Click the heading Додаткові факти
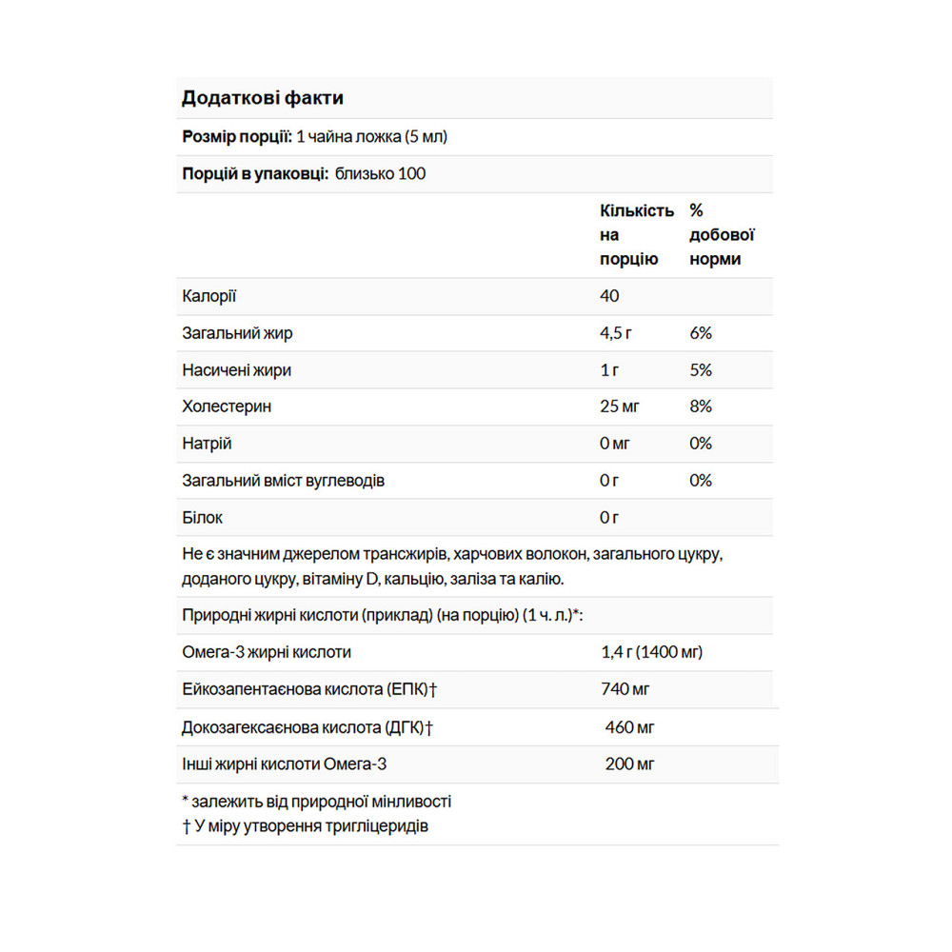[263, 98]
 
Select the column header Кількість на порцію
[637, 234]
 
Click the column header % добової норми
[722, 234]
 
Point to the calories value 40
[609, 296]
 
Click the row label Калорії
[208, 296]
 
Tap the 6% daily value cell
[701, 333]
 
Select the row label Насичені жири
[236, 370]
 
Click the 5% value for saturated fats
[701, 370]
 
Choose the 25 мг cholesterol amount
[620, 407]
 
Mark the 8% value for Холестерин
[701, 407]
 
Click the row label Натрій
[207, 444]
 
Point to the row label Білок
[202, 518]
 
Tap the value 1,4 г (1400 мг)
[652, 652]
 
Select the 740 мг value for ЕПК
[625, 689]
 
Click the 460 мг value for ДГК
[630, 727]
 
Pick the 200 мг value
[630, 764]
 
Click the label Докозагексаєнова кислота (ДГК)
[307, 727]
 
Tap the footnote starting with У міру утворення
[305, 825]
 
